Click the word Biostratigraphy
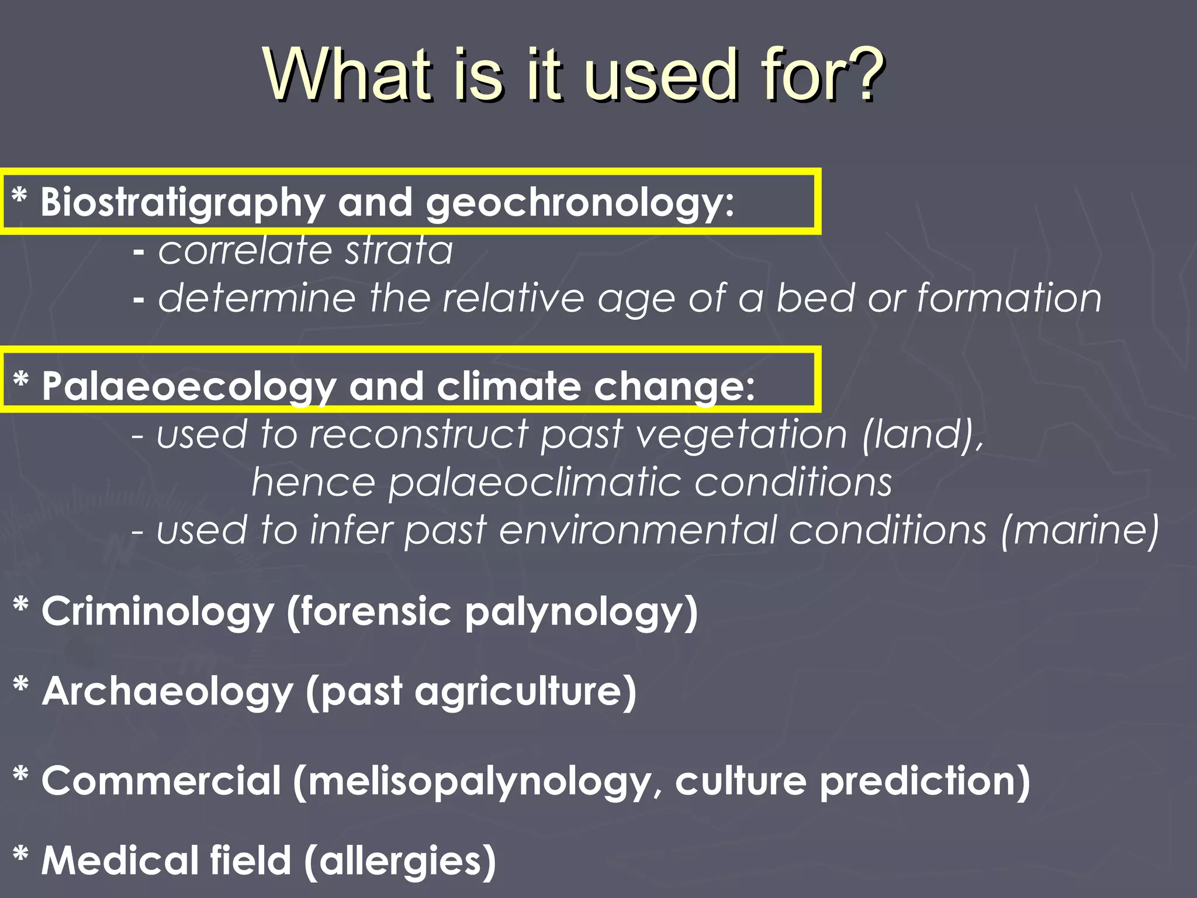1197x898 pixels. tap(182, 203)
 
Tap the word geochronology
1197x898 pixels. tap(579, 203)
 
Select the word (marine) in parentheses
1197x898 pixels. tap(1080, 531)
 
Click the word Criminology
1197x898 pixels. tap(158, 612)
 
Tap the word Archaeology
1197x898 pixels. tap(168, 692)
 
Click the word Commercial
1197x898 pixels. tap(162, 781)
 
